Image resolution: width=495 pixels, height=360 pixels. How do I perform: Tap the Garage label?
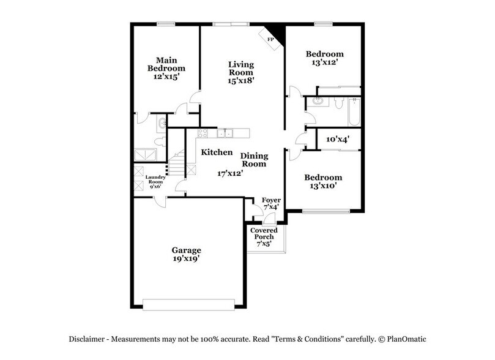[186, 250]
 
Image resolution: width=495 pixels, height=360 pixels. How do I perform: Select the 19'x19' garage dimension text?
[186, 259]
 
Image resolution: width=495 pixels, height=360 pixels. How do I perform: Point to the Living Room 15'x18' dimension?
[241, 80]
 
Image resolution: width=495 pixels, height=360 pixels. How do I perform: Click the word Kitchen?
[217, 152]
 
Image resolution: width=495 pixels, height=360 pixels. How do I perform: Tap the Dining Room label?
[253, 160]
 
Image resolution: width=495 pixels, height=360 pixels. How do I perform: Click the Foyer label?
[270, 201]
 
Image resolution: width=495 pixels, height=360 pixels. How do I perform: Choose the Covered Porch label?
[264, 233]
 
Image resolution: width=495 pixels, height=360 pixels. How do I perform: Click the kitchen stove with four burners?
[203, 133]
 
